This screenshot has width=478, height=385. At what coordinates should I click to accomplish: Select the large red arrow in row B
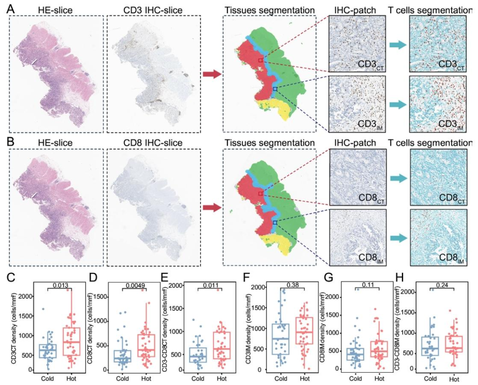[211, 207]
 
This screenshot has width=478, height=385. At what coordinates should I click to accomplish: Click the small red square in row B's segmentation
[261, 193]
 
